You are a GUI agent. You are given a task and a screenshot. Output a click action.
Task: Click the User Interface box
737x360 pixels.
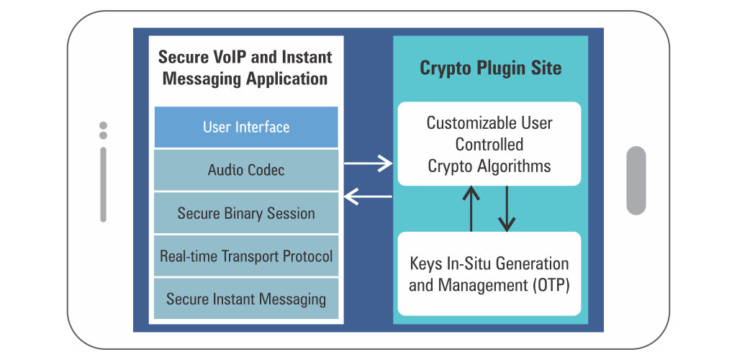[x=246, y=127]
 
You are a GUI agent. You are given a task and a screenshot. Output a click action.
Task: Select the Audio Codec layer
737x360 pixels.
[x=246, y=170]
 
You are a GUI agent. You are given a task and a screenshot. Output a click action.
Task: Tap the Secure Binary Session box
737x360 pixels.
[x=246, y=213]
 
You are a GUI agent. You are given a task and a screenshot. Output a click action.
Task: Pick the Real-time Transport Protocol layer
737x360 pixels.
[x=246, y=256]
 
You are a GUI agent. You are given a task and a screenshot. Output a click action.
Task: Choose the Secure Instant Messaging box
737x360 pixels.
[x=246, y=299]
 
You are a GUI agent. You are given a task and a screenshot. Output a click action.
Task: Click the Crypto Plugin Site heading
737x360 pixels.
[x=490, y=68]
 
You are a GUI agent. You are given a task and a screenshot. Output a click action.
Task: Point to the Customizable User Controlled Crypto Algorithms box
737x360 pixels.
[x=489, y=144]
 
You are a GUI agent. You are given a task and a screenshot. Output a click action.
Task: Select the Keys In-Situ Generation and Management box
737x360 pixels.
[x=489, y=274]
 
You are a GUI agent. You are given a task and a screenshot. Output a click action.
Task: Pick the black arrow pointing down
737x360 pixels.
[x=507, y=209]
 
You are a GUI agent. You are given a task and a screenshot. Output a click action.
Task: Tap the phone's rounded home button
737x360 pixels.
[x=636, y=181]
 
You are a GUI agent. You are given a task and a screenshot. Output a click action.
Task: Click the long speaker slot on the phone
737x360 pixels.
[x=103, y=184]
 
